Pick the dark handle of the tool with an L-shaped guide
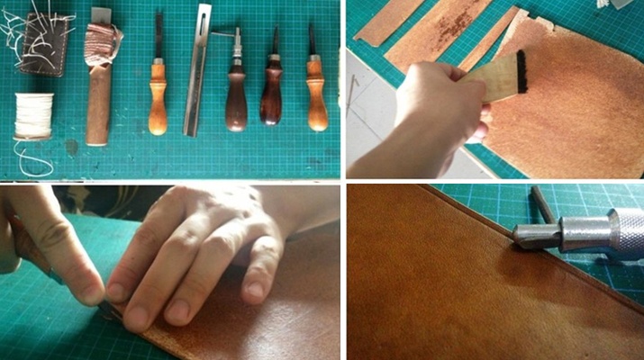(237, 99)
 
